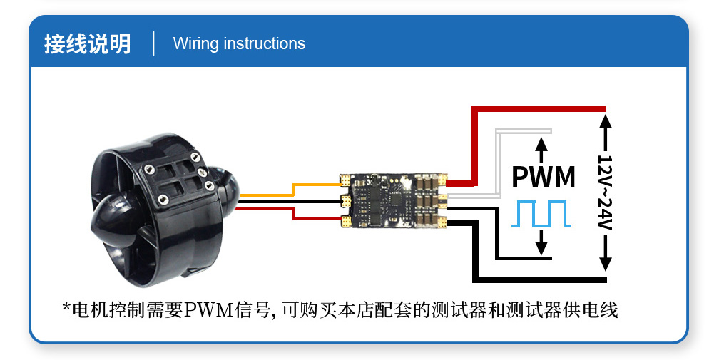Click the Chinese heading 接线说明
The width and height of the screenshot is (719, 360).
pyautogui.click(x=87, y=43)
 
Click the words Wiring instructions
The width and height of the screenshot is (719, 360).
pyautogui.click(x=239, y=43)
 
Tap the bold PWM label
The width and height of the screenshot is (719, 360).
pyautogui.click(x=544, y=176)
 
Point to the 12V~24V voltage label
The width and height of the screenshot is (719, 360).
pyautogui.click(x=605, y=192)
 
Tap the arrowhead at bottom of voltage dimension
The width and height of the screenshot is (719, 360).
pyautogui.click(x=605, y=263)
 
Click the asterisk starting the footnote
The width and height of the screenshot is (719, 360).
pyautogui.click(x=66, y=308)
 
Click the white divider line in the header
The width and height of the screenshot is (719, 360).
pyautogui.click(x=154, y=43)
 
